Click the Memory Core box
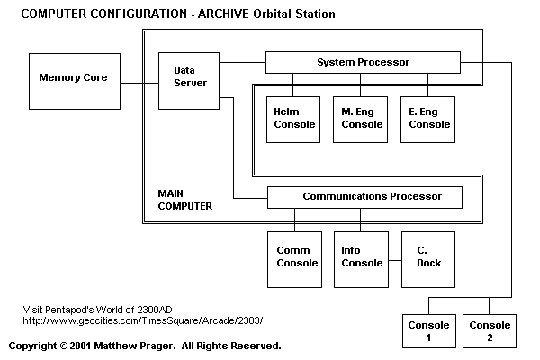pos(75,81)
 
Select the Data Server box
pos(189,81)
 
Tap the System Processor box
pos(363,62)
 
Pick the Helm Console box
pos(293,120)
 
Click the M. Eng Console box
pos(360,120)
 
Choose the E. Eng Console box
pos(427,120)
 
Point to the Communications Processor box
pos(364,197)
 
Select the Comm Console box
pos(295,259)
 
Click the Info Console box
pos(361,259)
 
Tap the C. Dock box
pos(428,259)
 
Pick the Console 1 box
pos(429,331)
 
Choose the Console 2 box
pos(490,331)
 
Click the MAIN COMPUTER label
pos(184,200)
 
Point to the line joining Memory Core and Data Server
pos(139,83)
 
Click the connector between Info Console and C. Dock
pos(395,260)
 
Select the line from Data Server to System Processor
pos(242,62)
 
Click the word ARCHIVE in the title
pos(223,13)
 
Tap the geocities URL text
pos(143,320)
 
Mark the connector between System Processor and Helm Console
pos(293,85)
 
